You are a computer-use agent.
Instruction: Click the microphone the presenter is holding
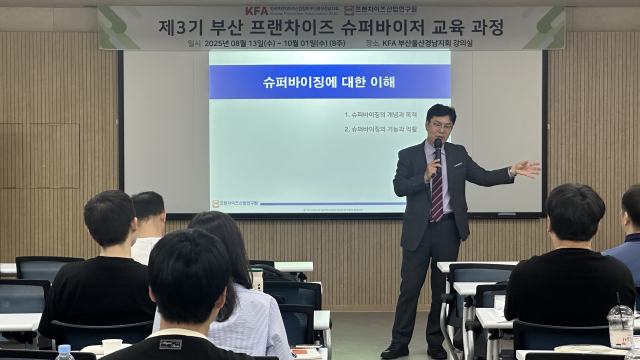[437, 151]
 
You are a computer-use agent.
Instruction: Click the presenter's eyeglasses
[441, 123]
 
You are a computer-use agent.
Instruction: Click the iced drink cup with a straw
[621, 325]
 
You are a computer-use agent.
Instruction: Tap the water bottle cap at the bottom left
[64, 350]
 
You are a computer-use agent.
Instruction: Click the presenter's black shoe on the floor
[395, 351]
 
